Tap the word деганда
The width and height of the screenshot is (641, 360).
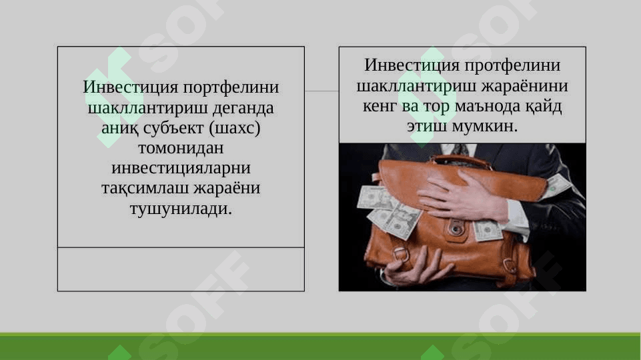pos(244,108)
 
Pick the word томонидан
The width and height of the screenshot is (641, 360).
pos(181,148)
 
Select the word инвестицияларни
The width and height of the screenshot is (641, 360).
pos(181,168)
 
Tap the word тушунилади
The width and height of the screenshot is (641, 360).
pos(181,209)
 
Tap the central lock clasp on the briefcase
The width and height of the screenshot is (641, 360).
pos(457,228)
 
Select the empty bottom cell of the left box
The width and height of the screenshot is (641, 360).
pos(181,269)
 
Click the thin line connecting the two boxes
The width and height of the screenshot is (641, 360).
pos(322,91)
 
